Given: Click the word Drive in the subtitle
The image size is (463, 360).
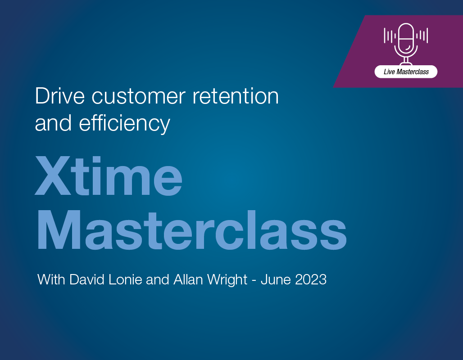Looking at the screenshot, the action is tap(60, 96).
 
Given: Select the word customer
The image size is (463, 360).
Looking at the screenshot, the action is tap(138, 97).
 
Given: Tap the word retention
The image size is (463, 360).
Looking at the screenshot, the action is tap(236, 96).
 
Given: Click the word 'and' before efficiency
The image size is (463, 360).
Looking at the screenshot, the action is tap(53, 123).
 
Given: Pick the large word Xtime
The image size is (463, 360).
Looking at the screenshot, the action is tap(109, 176).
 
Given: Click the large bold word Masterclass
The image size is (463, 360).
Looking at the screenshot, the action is tap(191, 230).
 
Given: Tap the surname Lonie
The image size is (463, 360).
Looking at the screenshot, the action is tap(125, 279).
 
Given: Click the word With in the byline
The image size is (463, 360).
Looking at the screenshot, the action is tap(51, 279).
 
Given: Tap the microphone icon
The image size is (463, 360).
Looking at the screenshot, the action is tap(406, 44).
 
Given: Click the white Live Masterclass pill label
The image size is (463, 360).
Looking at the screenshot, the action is tap(406, 72).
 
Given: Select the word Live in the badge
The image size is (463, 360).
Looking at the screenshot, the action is tap(389, 72).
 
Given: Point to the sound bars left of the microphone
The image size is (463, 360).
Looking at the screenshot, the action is tap(390, 36).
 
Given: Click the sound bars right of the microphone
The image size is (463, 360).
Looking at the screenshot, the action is tap(422, 36).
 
